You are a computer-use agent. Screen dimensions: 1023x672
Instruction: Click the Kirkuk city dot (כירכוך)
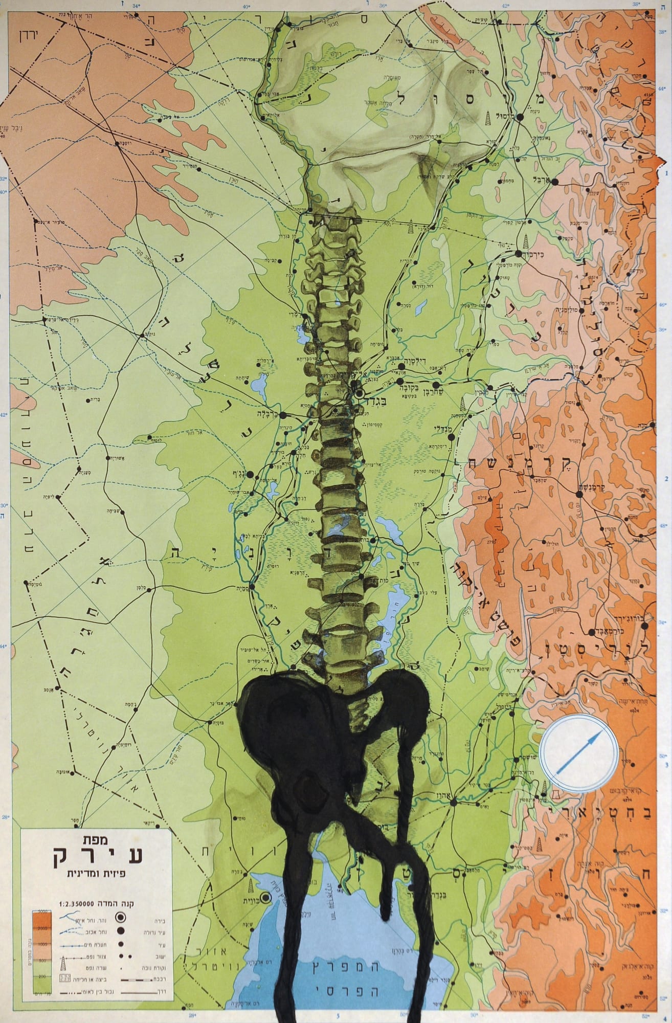pyautogui.click(x=519, y=253)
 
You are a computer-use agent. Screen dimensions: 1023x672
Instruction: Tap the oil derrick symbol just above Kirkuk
pyautogui.click(x=527, y=239)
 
